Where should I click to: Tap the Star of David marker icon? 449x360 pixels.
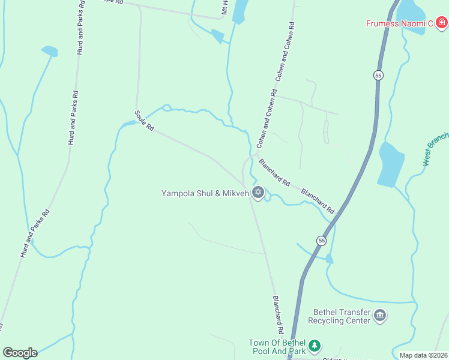coord(259,193)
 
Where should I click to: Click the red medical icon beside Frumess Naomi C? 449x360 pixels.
coord(442,23)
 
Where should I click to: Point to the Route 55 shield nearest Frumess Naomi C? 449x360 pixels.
coord(378,75)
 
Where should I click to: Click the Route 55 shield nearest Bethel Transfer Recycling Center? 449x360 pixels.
coord(321,241)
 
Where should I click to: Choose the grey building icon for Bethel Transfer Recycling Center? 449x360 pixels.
coord(379,315)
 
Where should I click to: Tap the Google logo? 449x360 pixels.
coord(20,353)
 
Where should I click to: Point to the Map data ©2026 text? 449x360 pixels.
coord(423,355)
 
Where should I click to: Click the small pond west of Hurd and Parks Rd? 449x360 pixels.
coord(49,51)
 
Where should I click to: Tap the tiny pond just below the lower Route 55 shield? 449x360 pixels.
coord(329,259)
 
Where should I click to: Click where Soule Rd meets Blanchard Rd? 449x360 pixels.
coord(244,182)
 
